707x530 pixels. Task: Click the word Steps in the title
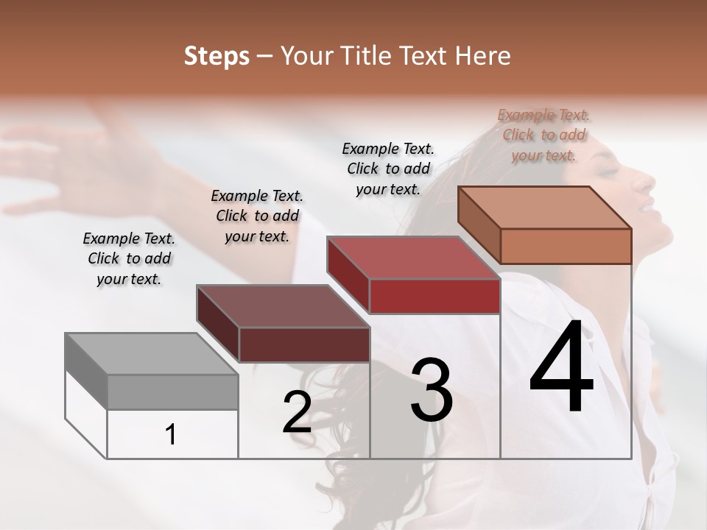pos(217,56)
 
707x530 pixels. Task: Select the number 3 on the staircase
pos(432,390)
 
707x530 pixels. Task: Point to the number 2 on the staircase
pos(297,412)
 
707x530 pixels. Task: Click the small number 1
pos(171,435)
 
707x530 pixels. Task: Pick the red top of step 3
pos(412,258)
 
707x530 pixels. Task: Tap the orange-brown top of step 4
pos(545,208)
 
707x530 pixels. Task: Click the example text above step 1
pos(129,258)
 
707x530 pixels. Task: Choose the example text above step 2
pos(257,216)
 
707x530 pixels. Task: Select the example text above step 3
pos(388,169)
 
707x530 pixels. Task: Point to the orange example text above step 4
pos(544,135)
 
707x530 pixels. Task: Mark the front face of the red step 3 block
pos(435,296)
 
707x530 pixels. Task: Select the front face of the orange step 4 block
pos(566,246)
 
